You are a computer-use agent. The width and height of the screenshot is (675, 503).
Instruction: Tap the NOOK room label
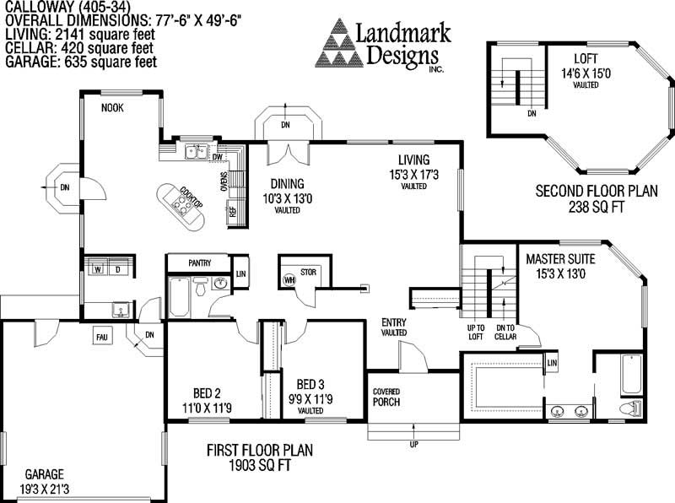[x=112, y=108]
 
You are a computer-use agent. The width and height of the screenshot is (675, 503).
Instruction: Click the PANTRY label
[x=199, y=263]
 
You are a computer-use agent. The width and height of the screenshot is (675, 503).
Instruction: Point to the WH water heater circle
[x=289, y=279]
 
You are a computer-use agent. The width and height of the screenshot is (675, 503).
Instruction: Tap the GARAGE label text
[x=44, y=473]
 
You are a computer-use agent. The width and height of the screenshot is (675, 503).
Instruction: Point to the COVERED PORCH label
[x=386, y=397]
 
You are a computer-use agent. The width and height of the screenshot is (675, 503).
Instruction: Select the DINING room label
[x=287, y=184]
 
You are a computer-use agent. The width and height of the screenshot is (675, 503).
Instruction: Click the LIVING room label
[x=414, y=160]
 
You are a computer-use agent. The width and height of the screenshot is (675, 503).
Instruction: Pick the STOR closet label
[x=308, y=272]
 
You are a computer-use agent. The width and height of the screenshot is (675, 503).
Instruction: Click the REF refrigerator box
[x=233, y=211]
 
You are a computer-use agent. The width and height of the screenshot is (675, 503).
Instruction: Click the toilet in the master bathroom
[x=628, y=408]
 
